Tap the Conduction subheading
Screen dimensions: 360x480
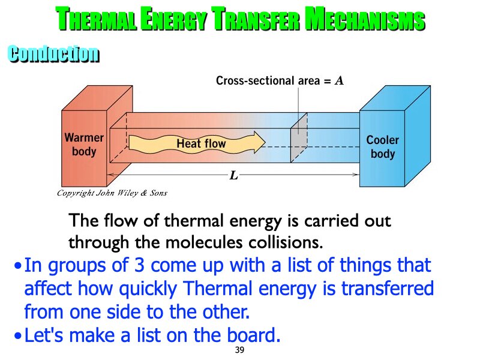[x=53, y=54]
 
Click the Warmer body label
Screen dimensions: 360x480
[x=84, y=145]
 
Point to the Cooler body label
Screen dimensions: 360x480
[x=382, y=147]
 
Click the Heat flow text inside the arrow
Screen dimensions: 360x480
[x=201, y=144]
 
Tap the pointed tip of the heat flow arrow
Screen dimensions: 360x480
[x=264, y=142]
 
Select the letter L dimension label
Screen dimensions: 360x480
[x=234, y=176]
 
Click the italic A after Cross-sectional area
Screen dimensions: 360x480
[x=339, y=80]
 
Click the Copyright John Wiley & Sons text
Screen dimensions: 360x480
[x=112, y=193]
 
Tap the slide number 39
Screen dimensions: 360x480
[x=240, y=350]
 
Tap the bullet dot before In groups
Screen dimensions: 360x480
[x=19, y=265]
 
